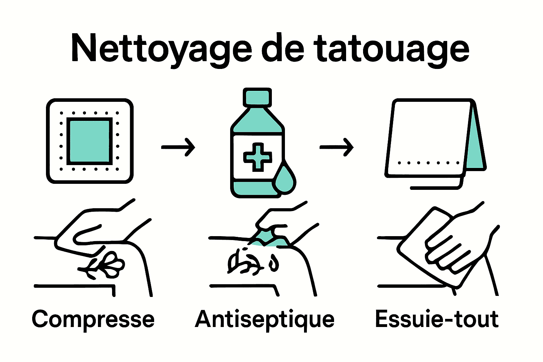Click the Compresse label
click(93, 319)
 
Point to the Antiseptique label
click(265, 319)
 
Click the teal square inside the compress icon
click(90, 141)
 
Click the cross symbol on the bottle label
click(258, 157)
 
